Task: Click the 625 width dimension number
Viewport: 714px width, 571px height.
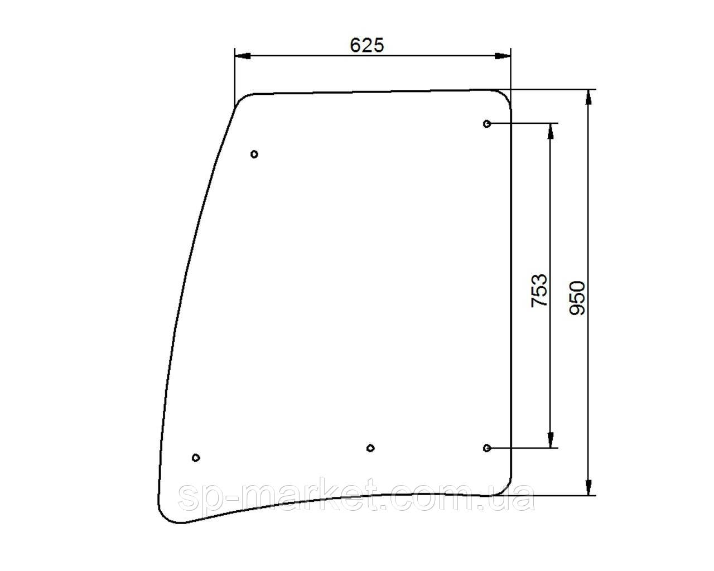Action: [366, 45]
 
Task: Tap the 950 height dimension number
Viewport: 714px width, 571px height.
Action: [577, 298]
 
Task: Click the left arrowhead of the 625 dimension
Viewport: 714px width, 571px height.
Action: [243, 56]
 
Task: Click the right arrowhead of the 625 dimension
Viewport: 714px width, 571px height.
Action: [503, 56]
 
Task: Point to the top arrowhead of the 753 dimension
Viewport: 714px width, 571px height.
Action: [551, 130]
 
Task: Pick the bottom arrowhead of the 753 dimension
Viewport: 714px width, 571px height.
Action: [551, 440]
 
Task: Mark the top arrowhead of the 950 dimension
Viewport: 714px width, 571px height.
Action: [588, 98]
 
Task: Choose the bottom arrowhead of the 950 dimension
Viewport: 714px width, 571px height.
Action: [588, 487]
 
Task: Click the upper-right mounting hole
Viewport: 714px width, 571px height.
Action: [487, 124]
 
